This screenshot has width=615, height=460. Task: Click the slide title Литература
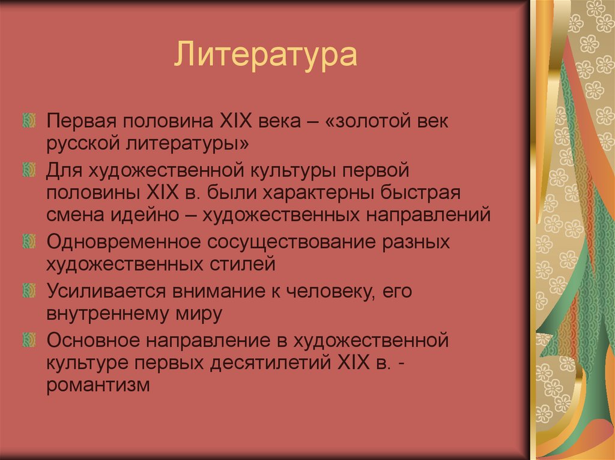pyautogui.click(x=266, y=54)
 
